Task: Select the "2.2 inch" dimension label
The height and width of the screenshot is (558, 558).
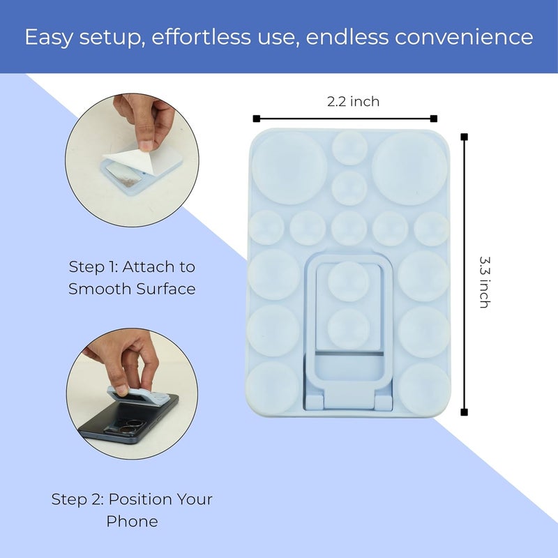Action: pyautogui.click(x=354, y=102)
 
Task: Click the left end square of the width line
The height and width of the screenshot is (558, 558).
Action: pyautogui.click(x=257, y=118)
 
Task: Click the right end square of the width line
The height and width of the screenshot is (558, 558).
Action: pyautogui.click(x=434, y=118)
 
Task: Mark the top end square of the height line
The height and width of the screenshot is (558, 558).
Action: pyautogui.click(x=465, y=137)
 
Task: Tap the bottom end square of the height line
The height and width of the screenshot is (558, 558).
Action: pyautogui.click(x=465, y=412)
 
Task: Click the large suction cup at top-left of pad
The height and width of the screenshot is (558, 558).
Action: pyautogui.click(x=289, y=168)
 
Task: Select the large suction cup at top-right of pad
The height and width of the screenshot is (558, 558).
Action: pyautogui.click(x=409, y=168)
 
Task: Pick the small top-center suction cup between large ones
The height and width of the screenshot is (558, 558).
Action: pyautogui.click(x=349, y=148)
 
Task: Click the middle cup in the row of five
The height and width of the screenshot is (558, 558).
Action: pyautogui.click(x=349, y=229)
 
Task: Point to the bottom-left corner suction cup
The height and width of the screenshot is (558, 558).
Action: pyautogui.click(x=272, y=386)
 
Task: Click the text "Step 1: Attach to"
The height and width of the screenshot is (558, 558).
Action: pyautogui.click(x=132, y=266)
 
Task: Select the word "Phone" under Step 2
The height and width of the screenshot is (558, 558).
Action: pyautogui.click(x=132, y=521)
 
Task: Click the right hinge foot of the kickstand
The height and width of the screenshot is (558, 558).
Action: pyautogui.click(x=383, y=402)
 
